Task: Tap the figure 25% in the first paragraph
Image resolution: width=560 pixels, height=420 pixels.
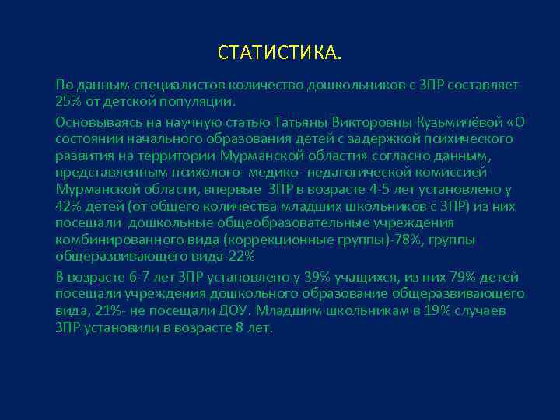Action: coord(68,102)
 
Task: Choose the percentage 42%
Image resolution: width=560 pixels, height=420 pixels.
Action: coord(69,206)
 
